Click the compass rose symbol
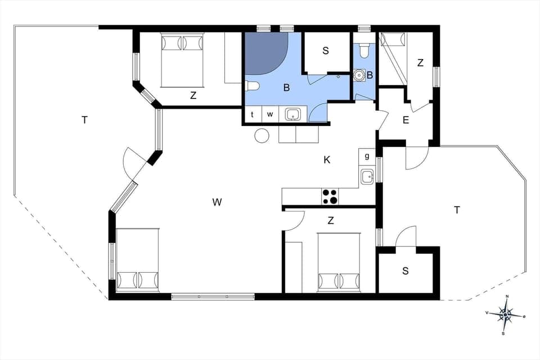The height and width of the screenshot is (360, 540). [x=506, y=315]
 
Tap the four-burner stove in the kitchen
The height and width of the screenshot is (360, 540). [x=330, y=197]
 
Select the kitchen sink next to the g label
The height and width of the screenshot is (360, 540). [x=367, y=177]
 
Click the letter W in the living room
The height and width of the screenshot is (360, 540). [x=217, y=202]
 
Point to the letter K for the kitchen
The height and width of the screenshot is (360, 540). [x=327, y=160]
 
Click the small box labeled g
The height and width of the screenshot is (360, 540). [x=367, y=156]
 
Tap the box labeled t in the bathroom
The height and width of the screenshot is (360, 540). [x=252, y=115]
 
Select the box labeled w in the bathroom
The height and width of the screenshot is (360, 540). [x=270, y=115]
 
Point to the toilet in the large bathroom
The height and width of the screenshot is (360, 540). [x=251, y=86]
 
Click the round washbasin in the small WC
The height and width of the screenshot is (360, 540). [x=358, y=74]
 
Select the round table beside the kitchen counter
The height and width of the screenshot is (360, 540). [x=262, y=136]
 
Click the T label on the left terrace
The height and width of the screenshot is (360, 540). [x=84, y=119]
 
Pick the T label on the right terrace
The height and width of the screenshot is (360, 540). [x=457, y=210]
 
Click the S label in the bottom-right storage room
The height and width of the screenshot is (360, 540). [x=405, y=271]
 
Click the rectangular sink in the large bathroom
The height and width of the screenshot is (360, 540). [x=292, y=115]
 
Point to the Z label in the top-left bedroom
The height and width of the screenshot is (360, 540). [x=193, y=96]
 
